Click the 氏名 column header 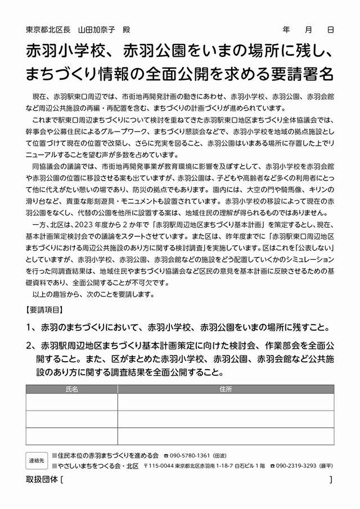point(71,388)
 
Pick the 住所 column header point(226,388)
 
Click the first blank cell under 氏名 point(71,402)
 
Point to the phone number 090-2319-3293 point(298,466)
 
